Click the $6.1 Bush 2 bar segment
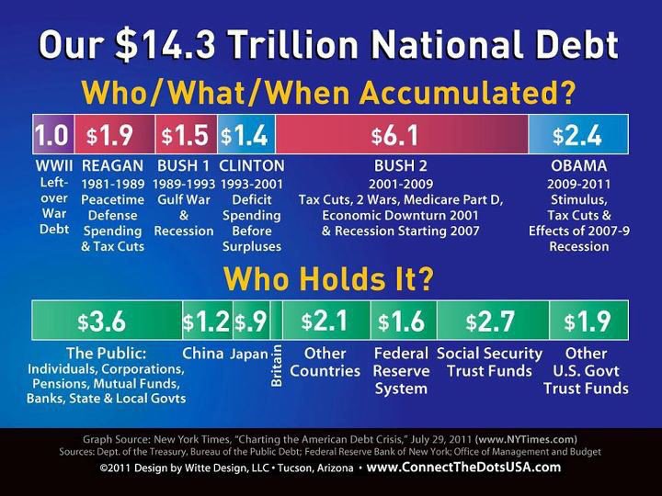point(401,136)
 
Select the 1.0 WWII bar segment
point(51,136)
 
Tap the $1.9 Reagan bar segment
point(113,136)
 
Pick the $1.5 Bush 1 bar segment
point(186,136)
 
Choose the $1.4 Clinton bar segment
point(245,136)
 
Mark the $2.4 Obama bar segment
point(577,136)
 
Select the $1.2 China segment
point(207,321)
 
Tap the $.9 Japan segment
point(251,321)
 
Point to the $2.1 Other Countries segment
point(325,321)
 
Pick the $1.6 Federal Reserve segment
point(400,321)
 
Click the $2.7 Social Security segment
point(489,321)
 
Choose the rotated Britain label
point(277,366)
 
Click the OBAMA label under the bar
point(577,166)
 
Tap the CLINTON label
point(252,166)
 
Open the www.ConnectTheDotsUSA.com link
point(463,467)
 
